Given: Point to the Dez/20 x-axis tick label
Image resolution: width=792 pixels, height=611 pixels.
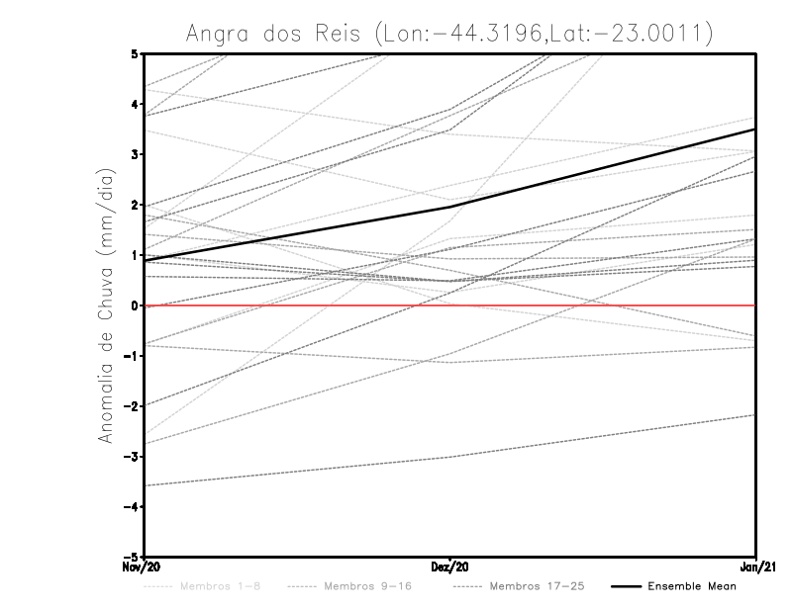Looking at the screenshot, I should point(450,567).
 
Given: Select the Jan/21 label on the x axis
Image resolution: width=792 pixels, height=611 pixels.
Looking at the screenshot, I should point(756,567).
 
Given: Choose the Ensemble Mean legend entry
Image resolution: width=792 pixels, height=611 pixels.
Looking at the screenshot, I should point(691,586).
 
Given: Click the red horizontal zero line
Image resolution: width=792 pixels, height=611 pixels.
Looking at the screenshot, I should point(594,305).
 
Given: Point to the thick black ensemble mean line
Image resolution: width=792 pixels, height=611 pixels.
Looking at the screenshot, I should point(594,168).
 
